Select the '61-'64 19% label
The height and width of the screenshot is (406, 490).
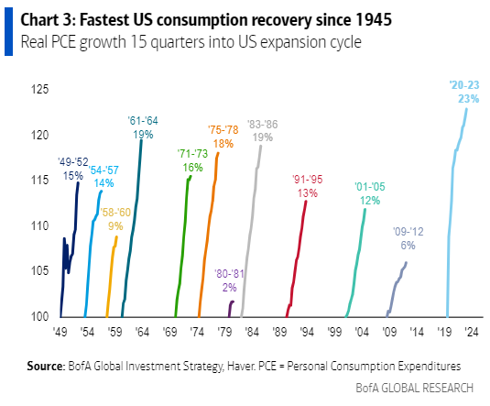tap(143, 126)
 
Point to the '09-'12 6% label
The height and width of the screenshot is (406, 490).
tap(408, 239)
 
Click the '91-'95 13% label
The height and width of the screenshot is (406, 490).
tap(307, 186)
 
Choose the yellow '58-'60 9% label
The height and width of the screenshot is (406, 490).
tap(114, 218)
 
